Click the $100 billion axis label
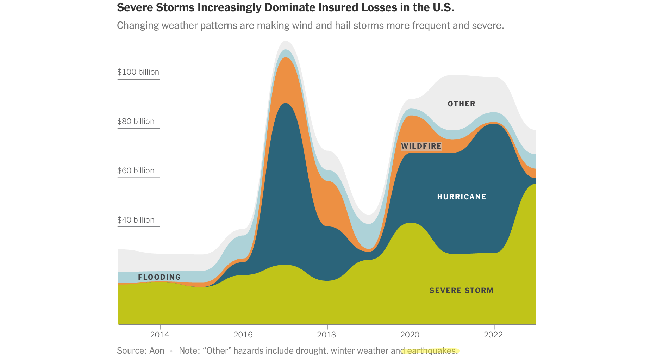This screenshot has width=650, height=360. pos(138,72)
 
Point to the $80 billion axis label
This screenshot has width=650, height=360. pos(136,122)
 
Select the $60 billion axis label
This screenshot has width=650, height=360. pos(136,171)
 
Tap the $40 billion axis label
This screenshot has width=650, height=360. pos(136,220)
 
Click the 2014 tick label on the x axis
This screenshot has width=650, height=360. pos(160,335)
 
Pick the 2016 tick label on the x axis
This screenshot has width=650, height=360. pos(243,335)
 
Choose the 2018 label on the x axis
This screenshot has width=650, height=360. pos(326,335)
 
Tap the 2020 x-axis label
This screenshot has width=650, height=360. pos(410,335)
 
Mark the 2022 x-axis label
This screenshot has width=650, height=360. pos(493,335)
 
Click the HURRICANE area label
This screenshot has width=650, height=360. pos(462,197)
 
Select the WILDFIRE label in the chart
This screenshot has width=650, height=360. pos(421,146)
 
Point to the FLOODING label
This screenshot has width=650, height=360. pos(160,277)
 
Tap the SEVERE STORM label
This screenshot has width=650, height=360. pos(462,291)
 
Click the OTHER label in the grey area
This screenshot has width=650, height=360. pos(462,104)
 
